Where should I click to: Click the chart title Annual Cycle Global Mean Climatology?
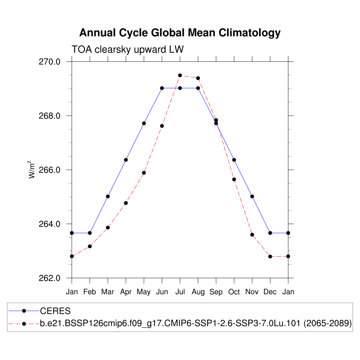[180, 33]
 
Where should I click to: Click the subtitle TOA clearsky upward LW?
[128, 50]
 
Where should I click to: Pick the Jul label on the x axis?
[180, 292]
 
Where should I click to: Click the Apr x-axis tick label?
[126, 292]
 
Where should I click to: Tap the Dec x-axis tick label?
[270, 292]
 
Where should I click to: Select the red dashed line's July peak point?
[180, 75]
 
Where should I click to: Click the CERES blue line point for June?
[162, 88]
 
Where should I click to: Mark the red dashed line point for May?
[144, 173]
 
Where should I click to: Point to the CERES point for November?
[252, 196]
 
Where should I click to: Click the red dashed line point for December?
[270, 257]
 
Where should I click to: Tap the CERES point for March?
[108, 196]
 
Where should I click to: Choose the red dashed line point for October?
[234, 179]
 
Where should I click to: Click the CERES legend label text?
[56, 311]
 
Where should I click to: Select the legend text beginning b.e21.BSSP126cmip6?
[196, 323]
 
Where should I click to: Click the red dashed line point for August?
[198, 78]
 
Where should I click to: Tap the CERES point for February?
[90, 233]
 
